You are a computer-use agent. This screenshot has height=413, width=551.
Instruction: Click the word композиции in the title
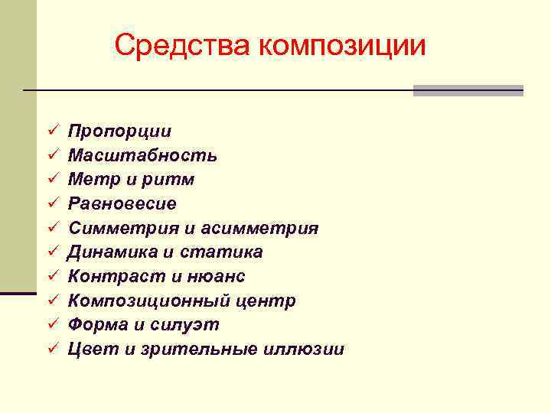tap(341, 46)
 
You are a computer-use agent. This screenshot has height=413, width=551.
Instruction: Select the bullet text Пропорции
tap(119, 132)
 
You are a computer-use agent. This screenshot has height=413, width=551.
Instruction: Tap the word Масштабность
tap(142, 155)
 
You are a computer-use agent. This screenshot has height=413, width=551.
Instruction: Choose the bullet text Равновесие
tap(122, 204)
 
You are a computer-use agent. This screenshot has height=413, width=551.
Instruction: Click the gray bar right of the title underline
tap(468, 90)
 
